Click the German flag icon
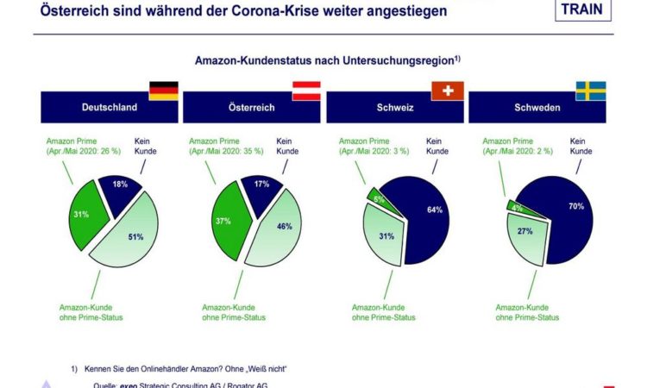[164, 91]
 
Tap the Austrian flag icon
[306, 91]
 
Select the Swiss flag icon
[449, 91]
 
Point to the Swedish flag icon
[591, 91]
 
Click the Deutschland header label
[110, 109]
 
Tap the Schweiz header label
[394, 109]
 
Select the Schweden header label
[537, 109]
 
